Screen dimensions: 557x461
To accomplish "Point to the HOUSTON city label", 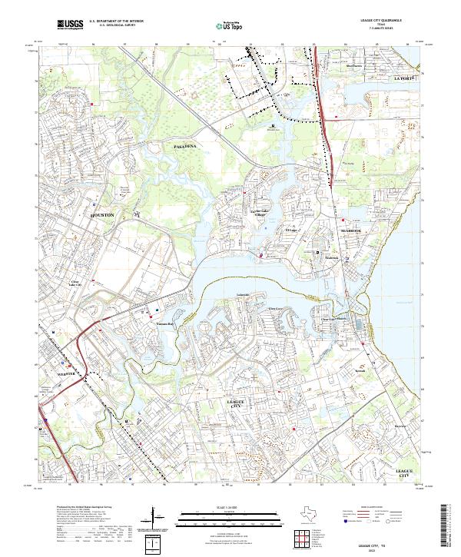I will (102, 216).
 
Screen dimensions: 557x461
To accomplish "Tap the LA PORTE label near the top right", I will (403, 78).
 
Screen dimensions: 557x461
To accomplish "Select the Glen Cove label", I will (274, 309).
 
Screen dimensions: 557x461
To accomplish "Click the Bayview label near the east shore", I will (399, 423).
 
